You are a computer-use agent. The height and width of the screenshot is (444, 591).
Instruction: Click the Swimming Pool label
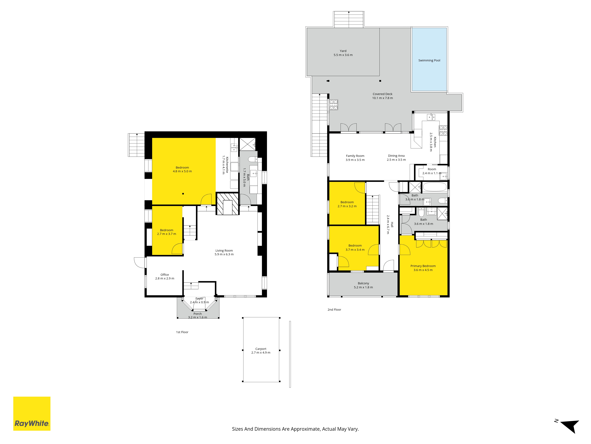point(429,61)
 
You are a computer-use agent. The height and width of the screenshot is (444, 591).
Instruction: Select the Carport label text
point(261,351)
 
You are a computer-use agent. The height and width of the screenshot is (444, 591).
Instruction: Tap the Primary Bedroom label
point(423,268)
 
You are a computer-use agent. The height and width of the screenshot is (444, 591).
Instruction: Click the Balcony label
point(363,285)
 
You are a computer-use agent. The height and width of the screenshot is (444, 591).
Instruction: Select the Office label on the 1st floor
point(165,276)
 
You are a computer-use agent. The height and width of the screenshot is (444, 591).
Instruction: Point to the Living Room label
point(224,252)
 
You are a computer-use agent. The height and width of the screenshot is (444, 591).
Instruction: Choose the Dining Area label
point(396,158)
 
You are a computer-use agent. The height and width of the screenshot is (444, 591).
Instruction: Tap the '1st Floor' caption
point(182,332)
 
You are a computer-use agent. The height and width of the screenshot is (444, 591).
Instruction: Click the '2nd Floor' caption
point(334,310)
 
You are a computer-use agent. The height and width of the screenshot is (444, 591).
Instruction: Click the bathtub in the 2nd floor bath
point(435,187)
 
